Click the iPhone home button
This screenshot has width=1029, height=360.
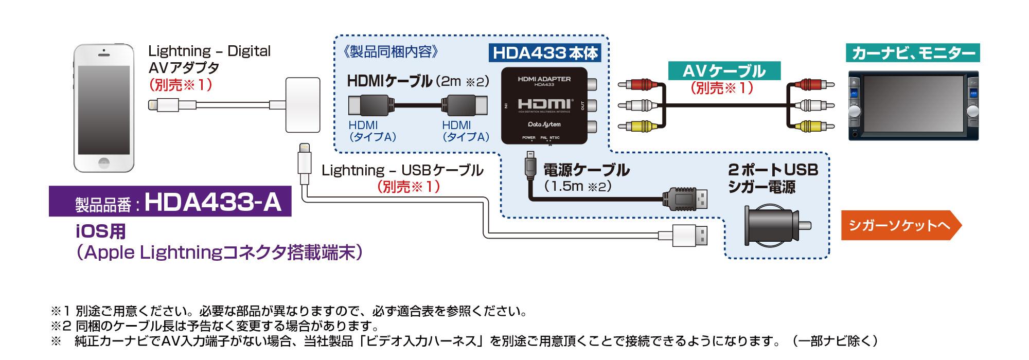pyautogui.click(x=104, y=161)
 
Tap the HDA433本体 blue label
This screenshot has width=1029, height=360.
pyautogui.click(x=545, y=53)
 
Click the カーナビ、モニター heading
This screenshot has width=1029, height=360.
pyautogui.click(x=913, y=53)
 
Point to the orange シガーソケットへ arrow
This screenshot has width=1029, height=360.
pyautogui.click(x=900, y=226)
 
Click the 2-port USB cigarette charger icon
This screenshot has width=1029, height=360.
pyautogui.click(x=774, y=225)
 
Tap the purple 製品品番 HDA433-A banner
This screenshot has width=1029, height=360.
pyautogui.click(x=170, y=202)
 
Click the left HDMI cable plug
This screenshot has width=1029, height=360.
pyautogui.click(x=369, y=106)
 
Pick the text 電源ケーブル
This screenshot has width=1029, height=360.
pyautogui.click(x=586, y=169)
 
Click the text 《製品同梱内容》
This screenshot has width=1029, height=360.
pyautogui.click(x=393, y=52)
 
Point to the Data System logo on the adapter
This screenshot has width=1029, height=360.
pyautogui.click(x=544, y=124)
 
